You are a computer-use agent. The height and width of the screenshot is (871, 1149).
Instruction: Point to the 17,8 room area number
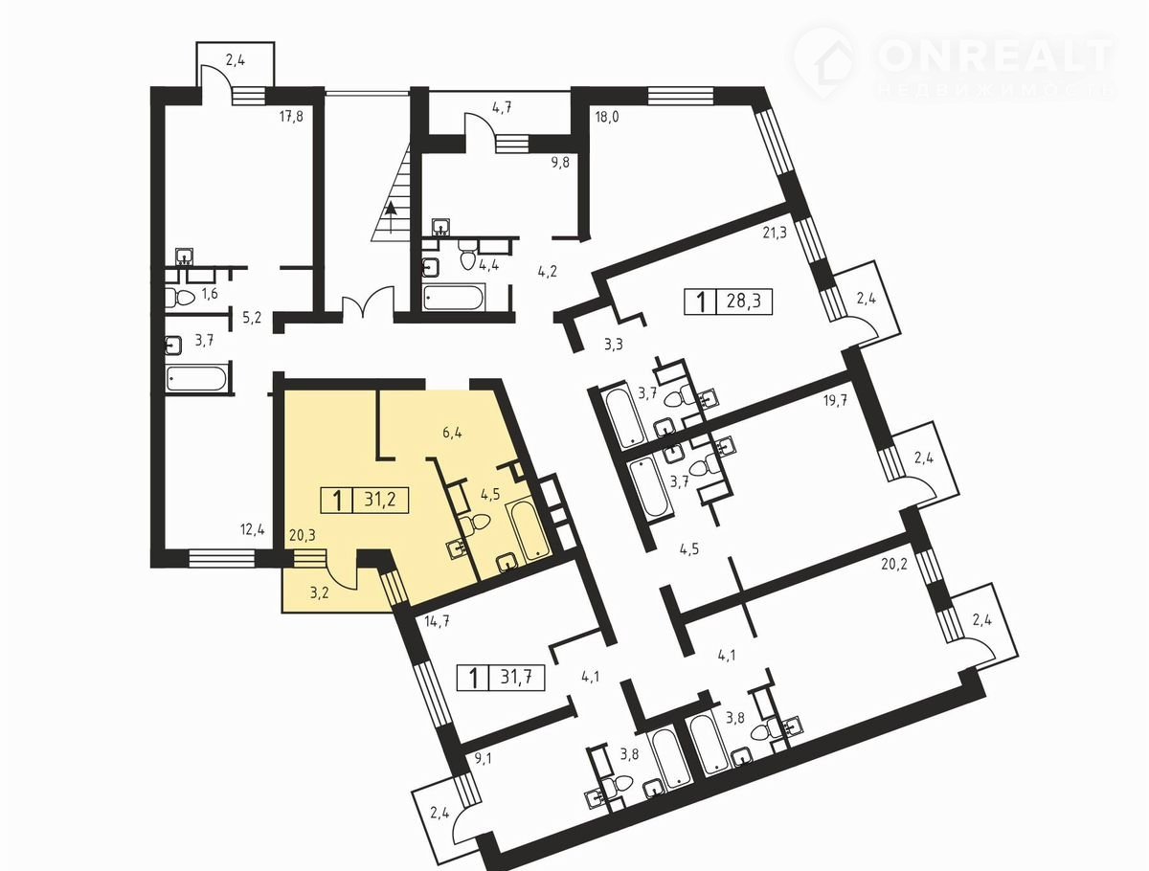pos(291,116)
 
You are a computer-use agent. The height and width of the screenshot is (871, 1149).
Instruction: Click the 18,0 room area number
pos(607,116)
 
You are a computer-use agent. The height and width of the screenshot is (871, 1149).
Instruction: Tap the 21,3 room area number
pos(775,233)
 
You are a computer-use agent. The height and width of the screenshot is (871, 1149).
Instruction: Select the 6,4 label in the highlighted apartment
pos(452,434)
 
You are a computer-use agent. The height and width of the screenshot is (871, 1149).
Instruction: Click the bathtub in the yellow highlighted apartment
pos(529,529)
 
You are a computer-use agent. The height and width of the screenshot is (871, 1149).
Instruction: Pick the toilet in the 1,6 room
pos(179,297)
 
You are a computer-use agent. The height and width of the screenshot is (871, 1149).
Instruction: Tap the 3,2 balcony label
pos(319,592)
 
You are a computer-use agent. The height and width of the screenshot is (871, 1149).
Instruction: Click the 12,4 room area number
pos(253,530)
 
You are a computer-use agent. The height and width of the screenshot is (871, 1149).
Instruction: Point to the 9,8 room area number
pos(559,163)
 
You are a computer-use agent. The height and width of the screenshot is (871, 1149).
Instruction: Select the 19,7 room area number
pos(835,401)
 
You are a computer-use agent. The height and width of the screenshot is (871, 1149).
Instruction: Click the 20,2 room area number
pos(894,565)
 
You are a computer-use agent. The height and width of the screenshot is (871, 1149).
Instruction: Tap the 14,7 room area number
pos(437,622)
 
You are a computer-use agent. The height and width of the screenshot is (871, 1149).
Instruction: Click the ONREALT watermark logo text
pos(994,56)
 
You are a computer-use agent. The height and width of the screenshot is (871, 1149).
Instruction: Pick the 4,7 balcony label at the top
pos(502,108)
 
